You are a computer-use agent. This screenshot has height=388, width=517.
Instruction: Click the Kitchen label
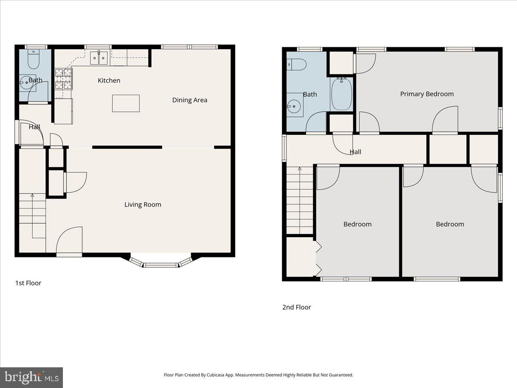click(x=109, y=81)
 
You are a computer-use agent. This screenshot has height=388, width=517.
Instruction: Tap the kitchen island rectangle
click(x=126, y=103)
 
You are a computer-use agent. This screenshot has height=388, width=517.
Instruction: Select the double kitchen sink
click(x=99, y=58)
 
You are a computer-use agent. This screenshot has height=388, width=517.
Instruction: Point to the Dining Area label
click(x=190, y=100)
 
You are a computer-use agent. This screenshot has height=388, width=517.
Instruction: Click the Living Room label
click(x=143, y=204)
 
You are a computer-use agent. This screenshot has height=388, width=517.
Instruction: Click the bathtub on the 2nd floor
click(x=342, y=94)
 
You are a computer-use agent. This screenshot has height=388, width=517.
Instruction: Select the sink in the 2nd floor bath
click(x=294, y=105)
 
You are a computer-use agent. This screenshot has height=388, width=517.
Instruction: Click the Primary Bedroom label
click(x=427, y=94)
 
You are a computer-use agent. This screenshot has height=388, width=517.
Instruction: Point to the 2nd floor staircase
click(x=300, y=200)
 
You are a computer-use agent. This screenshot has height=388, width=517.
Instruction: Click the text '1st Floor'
click(x=28, y=283)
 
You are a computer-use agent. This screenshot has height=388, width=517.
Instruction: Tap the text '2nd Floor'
click(x=296, y=307)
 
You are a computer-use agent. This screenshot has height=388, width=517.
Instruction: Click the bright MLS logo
click(x=31, y=378)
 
